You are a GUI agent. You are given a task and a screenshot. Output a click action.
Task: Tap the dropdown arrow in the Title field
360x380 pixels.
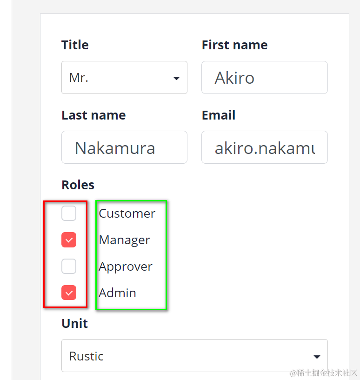[x=176, y=78]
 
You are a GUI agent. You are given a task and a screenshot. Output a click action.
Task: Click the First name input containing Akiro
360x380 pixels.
[x=264, y=78]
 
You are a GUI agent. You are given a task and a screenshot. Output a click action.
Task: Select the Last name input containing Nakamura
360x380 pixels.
[x=124, y=147]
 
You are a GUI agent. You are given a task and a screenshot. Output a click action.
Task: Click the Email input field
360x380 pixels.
[x=264, y=147]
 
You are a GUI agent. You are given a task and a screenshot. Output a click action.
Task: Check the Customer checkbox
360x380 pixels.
[x=69, y=213]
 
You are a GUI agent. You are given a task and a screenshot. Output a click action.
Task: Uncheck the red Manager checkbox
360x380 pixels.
[x=69, y=240]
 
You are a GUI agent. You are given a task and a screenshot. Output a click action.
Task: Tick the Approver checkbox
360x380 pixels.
[x=69, y=267]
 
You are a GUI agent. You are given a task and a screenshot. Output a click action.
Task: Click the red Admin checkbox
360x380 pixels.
[x=69, y=293]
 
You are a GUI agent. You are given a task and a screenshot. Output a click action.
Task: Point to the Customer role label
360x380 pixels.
[x=127, y=213]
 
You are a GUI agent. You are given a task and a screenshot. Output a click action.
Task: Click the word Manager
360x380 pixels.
[x=124, y=240]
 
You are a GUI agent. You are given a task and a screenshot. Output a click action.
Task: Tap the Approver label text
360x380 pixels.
[x=126, y=267]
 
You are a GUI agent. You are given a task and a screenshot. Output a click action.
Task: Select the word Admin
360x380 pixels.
[x=117, y=293]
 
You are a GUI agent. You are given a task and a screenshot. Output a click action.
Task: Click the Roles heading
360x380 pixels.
[x=78, y=185]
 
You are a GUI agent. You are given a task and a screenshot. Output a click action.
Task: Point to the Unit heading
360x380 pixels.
[x=74, y=323]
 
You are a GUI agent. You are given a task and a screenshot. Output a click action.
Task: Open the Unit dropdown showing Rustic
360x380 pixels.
[x=186, y=356]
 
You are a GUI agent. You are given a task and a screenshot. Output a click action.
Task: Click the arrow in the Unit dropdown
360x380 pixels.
[x=317, y=357]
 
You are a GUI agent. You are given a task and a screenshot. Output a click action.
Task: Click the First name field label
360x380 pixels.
[x=234, y=45]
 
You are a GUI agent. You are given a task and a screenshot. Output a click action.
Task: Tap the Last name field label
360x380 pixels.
[x=93, y=115]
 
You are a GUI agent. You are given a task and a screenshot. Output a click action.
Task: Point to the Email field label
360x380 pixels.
[x=219, y=115]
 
